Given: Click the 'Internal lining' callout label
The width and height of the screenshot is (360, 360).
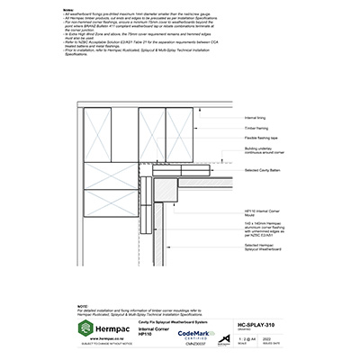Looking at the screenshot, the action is pos(256,118).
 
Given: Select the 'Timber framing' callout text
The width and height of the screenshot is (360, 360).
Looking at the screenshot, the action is pos(256,129).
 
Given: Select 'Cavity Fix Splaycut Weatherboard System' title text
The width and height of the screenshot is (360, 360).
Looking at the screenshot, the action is pos(172,319).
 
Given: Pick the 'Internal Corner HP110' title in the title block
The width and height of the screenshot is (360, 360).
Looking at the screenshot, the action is pos(150,331).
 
